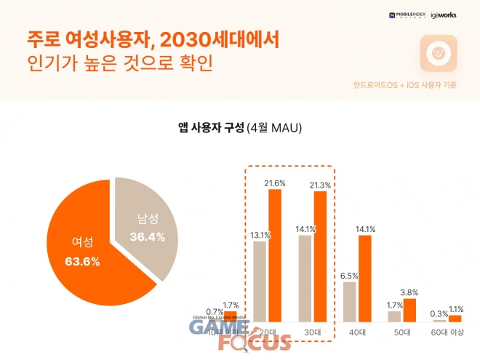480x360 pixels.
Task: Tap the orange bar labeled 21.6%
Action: tap(275, 255)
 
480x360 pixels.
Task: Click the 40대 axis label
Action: tap(357, 332)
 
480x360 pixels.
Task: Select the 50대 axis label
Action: tap(402, 332)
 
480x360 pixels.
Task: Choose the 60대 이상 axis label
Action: tap(447, 332)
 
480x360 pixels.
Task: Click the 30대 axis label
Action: tap(312, 332)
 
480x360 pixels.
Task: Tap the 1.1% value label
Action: tap(455, 308)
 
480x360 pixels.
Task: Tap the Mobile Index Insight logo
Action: tap(407, 15)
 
